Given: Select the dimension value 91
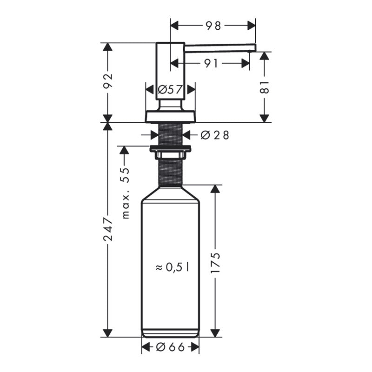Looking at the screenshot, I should (x=211, y=63).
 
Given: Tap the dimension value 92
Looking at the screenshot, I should (x=107, y=82).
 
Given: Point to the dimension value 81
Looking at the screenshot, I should (x=265, y=86).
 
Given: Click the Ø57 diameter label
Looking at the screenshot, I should (x=170, y=90).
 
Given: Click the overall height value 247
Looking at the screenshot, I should (x=107, y=230).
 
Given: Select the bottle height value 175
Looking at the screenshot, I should (x=214, y=264).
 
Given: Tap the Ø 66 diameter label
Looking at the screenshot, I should (x=171, y=347).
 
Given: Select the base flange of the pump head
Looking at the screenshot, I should (x=170, y=116).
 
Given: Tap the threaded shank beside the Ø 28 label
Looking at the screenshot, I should (x=170, y=134).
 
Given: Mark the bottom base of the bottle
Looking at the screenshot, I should (x=170, y=333).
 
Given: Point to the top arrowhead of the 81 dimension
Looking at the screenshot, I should (x=265, y=56).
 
